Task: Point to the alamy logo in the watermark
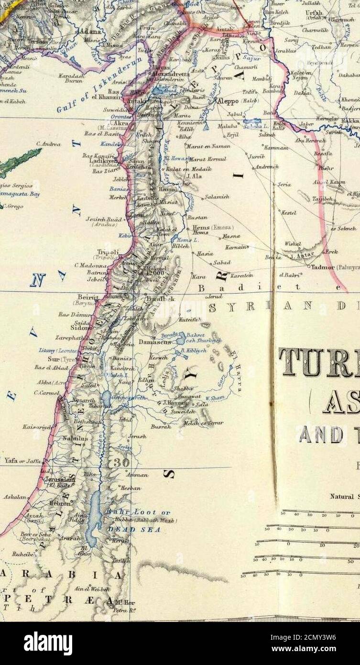tap(48, 643)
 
